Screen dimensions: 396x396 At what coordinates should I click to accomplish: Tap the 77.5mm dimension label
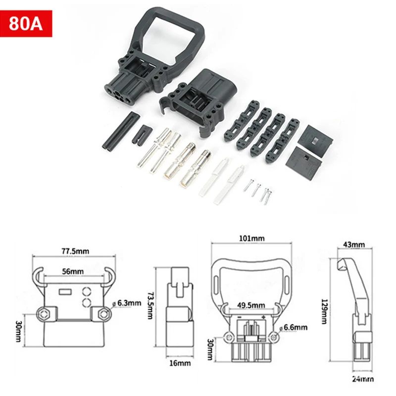pyautogui.click(x=75, y=251)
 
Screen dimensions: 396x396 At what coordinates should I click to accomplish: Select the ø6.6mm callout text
pyautogui.click(x=295, y=327)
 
